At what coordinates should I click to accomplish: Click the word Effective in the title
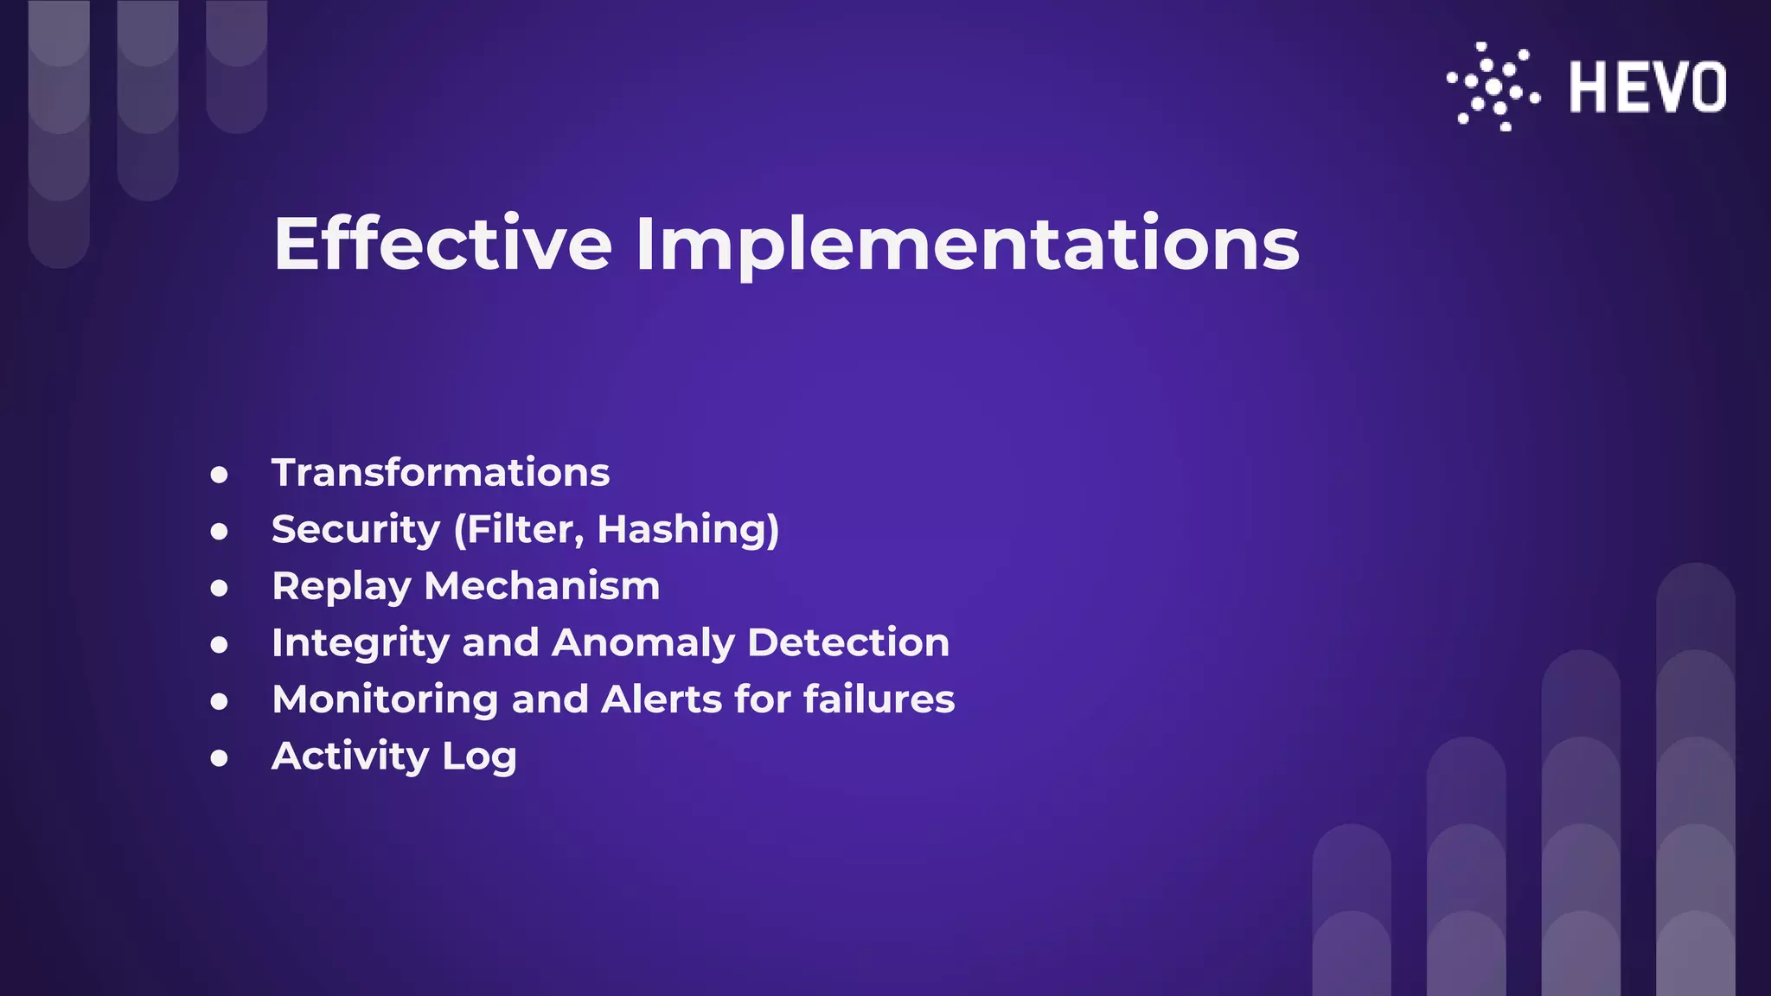[x=443, y=244]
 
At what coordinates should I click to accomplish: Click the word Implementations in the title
[x=967, y=246]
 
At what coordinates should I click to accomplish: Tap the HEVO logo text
[x=1647, y=87]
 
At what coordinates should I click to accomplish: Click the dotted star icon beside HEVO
[x=1493, y=86]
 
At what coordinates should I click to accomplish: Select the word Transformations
[x=440, y=473]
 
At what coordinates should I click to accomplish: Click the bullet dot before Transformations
[x=220, y=475]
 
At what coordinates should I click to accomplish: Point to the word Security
[x=355, y=530]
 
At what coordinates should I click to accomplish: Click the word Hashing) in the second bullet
[x=688, y=530]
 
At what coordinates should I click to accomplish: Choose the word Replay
[x=341, y=587]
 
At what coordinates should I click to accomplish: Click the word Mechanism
[x=542, y=586]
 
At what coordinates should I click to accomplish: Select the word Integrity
[x=361, y=643]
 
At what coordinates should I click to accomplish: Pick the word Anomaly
[x=643, y=643]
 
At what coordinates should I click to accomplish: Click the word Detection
[x=848, y=642]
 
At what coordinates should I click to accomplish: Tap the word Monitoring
[x=385, y=699]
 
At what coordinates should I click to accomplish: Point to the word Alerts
[x=662, y=699]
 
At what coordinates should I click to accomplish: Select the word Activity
[x=350, y=757]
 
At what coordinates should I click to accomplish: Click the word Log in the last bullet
[x=479, y=757]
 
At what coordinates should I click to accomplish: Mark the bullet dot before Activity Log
[x=220, y=758]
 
